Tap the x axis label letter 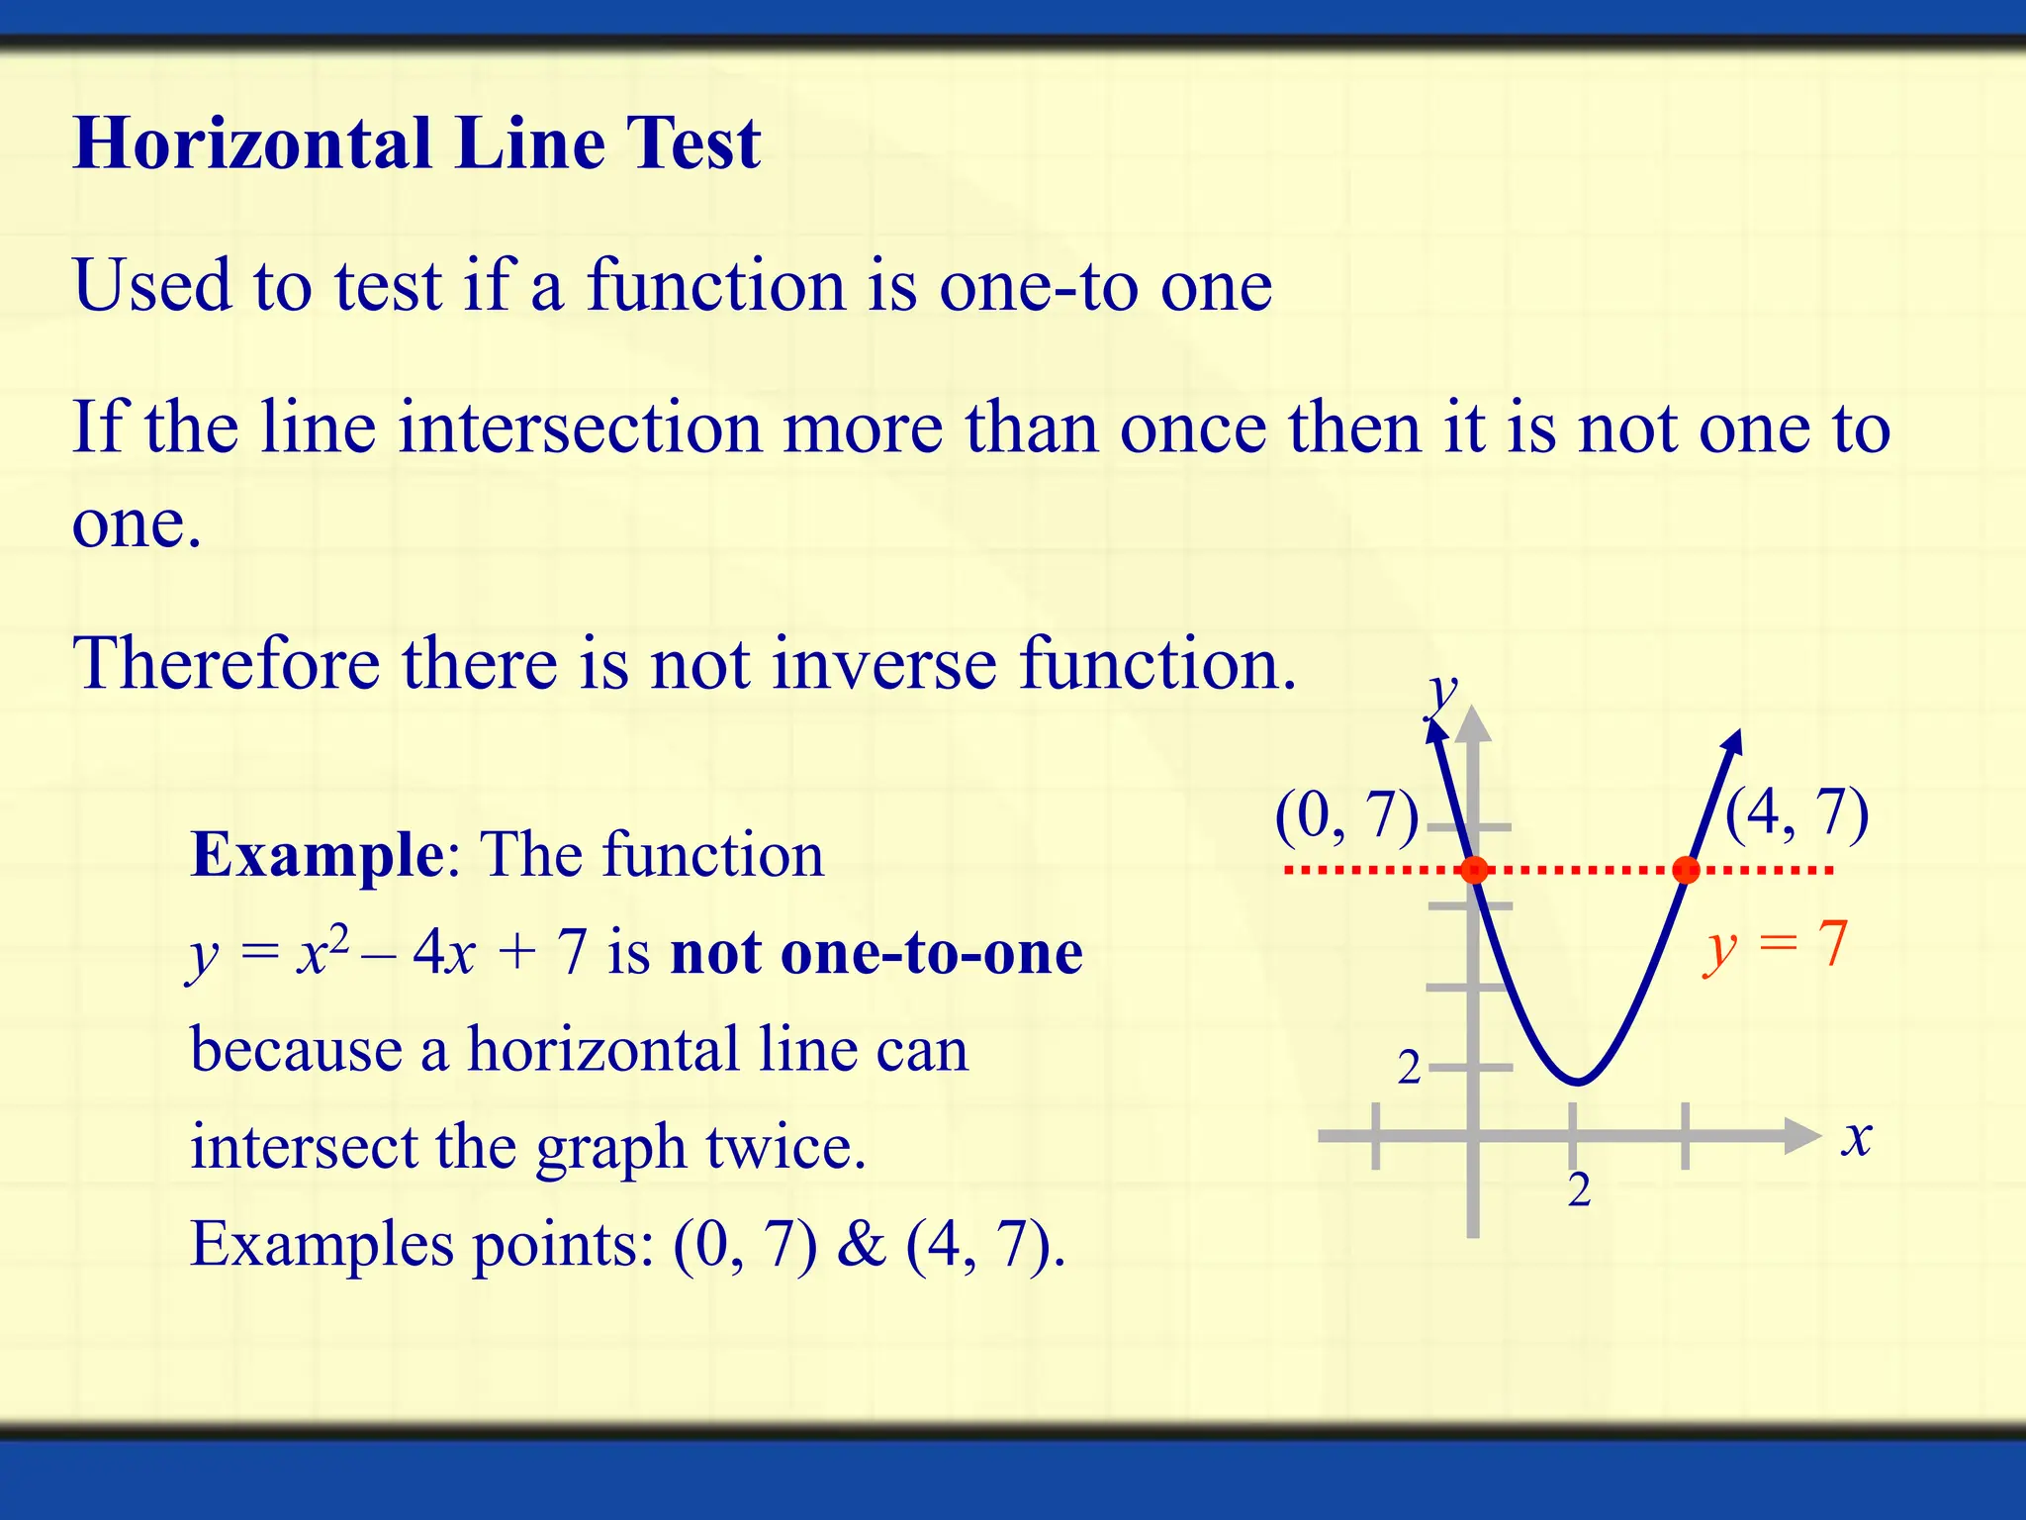pyautogui.click(x=1857, y=1138)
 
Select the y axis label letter pyautogui.click(x=1442, y=695)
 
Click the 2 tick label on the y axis pyautogui.click(x=1409, y=1068)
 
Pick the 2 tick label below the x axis pyautogui.click(x=1579, y=1189)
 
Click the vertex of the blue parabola pyautogui.click(x=1577, y=1082)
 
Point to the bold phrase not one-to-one pyautogui.click(x=876, y=953)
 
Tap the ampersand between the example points pyautogui.click(x=861, y=1244)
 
